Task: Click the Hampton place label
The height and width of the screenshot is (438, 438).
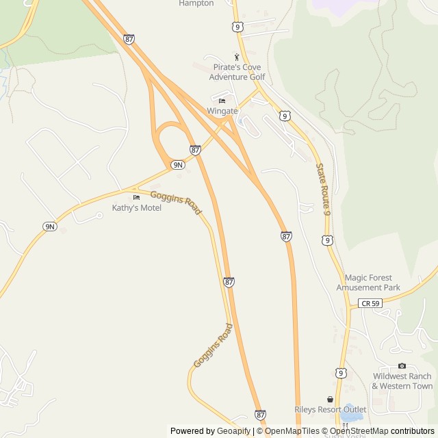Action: (196, 3)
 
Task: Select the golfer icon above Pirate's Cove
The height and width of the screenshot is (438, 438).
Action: (237, 57)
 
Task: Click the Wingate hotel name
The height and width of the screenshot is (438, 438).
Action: (222, 111)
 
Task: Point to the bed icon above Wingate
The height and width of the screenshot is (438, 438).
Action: (222, 101)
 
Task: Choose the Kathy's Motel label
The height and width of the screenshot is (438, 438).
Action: (137, 207)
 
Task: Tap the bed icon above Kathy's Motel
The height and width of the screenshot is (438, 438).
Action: (136, 198)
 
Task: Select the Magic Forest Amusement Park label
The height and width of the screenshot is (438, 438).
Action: (368, 283)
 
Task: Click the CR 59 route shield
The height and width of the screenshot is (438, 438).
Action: (370, 303)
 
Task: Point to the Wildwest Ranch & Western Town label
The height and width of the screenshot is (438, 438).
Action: (402, 381)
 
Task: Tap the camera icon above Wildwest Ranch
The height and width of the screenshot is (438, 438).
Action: (402, 366)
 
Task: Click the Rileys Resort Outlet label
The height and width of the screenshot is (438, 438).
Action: (331, 409)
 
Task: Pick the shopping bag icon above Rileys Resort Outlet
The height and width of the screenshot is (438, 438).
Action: (331, 400)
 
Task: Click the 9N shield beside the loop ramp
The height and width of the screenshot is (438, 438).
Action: (178, 165)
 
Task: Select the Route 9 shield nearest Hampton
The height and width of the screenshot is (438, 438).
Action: (237, 27)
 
